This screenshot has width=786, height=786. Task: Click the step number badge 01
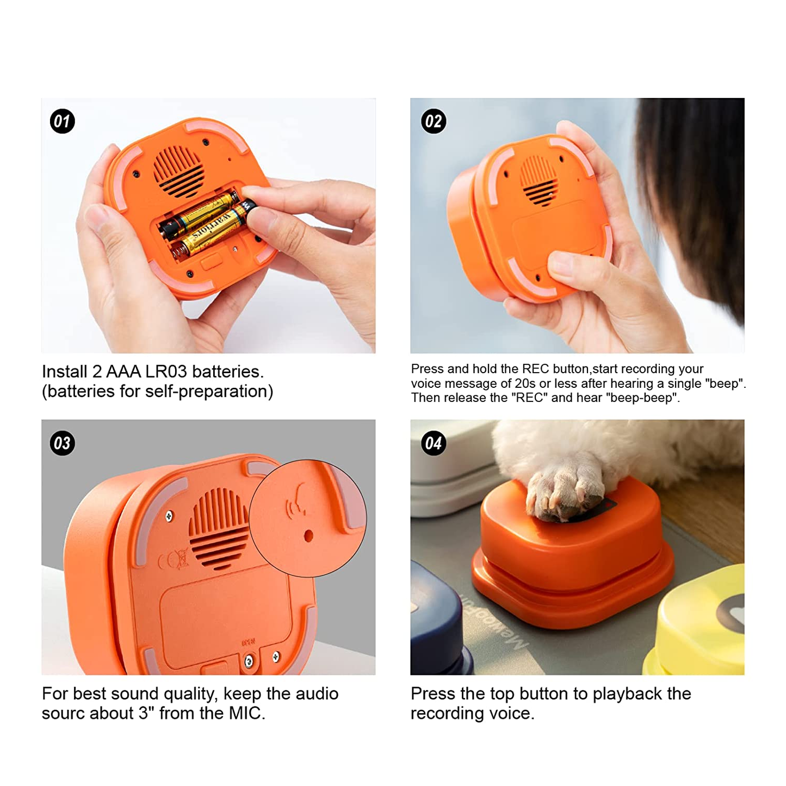(x=62, y=121)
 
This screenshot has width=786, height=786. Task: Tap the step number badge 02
(x=434, y=121)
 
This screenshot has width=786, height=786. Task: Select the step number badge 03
(x=62, y=443)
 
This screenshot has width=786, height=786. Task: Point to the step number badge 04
(x=434, y=443)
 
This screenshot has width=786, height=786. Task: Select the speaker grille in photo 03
(x=219, y=528)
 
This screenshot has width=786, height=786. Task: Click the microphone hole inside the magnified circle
(x=308, y=536)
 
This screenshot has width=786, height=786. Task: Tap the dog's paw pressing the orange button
(x=566, y=490)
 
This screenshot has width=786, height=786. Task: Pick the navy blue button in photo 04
(x=435, y=626)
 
